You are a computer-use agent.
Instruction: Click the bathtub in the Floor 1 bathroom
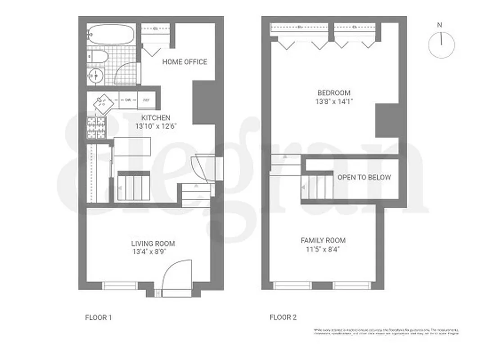[111, 34]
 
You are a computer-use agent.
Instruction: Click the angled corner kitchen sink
[103, 104]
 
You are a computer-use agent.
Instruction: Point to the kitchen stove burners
[96, 128]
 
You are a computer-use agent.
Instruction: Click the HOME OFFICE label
[185, 62]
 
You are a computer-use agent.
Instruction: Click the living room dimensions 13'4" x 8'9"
[150, 252]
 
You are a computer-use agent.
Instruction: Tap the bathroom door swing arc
[126, 73]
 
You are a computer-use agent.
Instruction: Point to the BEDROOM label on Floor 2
[334, 93]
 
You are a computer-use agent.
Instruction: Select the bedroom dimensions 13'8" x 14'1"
[334, 102]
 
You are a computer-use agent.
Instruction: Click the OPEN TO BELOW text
[364, 177]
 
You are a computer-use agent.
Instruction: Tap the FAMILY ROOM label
[323, 241]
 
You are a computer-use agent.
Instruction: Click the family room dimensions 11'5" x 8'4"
[323, 250]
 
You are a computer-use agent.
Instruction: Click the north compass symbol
[442, 45]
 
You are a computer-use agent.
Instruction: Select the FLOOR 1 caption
[99, 318]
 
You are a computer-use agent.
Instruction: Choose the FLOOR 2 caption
[283, 318]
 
